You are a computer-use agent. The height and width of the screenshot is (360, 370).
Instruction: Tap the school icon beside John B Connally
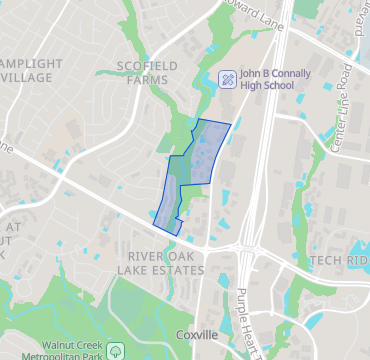pos(227,77)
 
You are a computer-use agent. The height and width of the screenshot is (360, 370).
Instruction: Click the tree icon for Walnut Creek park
pos(116,351)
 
